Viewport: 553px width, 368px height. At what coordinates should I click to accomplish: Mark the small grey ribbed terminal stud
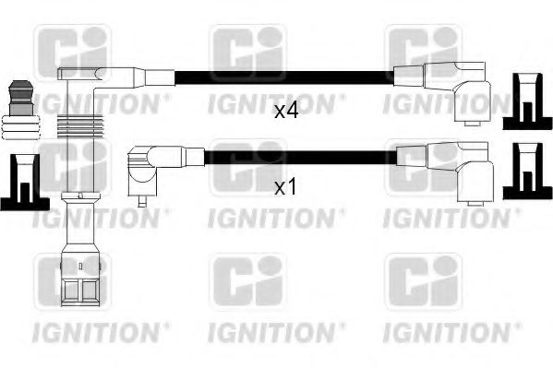tap(21, 107)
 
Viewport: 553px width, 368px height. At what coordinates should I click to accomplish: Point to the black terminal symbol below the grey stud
tap(21, 181)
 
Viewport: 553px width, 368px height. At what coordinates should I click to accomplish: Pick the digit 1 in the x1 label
tap(293, 187)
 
